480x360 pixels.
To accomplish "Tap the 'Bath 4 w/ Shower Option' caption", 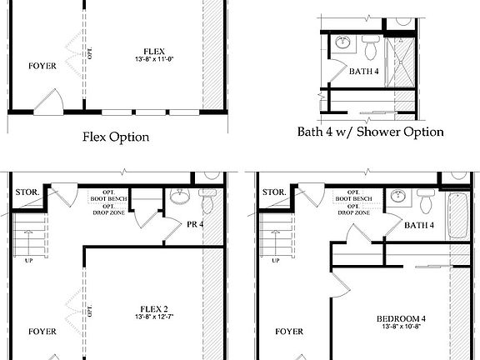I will point(371,132).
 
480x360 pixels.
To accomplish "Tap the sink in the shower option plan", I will point(343,42).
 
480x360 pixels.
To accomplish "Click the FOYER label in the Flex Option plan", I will point(42,66).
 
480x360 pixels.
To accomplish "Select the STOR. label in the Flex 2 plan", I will point(24,192).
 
